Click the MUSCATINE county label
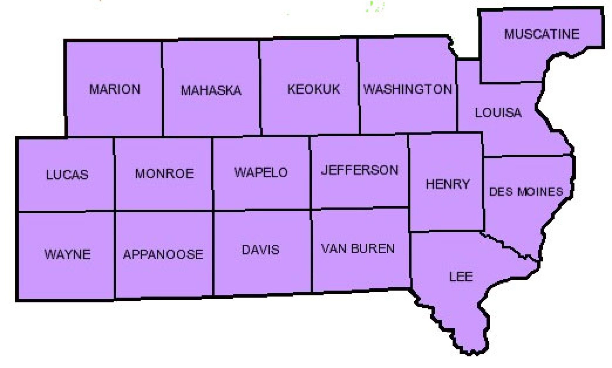542,34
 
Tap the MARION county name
115,89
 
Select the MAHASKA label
211,91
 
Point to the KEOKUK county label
314,89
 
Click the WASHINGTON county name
408,89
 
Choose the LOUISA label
498,113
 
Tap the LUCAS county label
67,175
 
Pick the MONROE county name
164,174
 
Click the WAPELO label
261,173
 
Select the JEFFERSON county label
360,170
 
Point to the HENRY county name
448,184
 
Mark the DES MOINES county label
526,192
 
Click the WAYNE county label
68,254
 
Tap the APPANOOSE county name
163,254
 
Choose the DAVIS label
261,250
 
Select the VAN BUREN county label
358,249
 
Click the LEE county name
461,277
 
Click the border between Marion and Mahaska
162,89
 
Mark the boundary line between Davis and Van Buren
311,252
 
